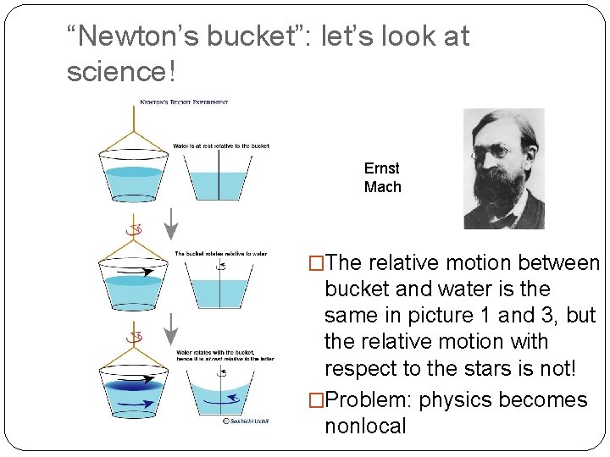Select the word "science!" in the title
[x=121, y=73]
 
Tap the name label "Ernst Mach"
[x=382, y=178]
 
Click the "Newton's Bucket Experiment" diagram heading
[x=184, y=103]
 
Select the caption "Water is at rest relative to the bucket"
[x=220, y=146]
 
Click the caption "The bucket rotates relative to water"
[x=220, y=253]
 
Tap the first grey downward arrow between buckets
[x=171, y=223]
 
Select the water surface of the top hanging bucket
[x=134, y=172]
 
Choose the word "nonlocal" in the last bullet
[x=365, y=426]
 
